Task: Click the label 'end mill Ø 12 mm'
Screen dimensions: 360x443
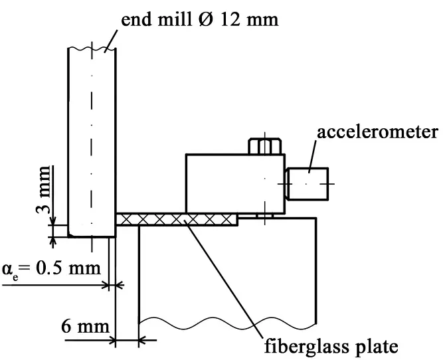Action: pos(200,19)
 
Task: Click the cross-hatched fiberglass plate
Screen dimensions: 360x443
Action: pos(177,219)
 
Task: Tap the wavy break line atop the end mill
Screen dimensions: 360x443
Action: pos(92,48)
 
